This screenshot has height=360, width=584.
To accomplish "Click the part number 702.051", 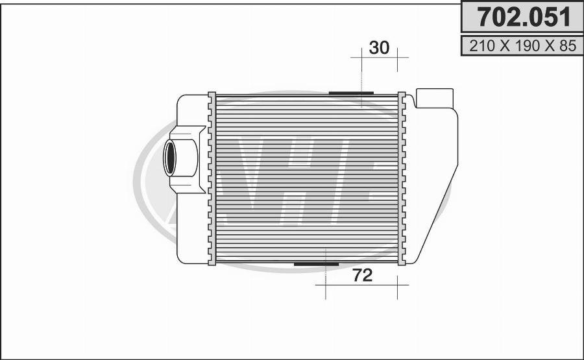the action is pyautogui.click(x=524, y=17).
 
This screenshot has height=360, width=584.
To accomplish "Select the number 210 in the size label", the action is pyautogui.click(x=482, y=46).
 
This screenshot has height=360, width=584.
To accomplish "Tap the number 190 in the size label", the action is pyautogui.click(x=528, y=46).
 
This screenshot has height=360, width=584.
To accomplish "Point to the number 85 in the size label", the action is pyautogui.click(x=568, y=46).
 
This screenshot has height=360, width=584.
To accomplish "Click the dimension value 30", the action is pyautogui.click(x=379, y=47).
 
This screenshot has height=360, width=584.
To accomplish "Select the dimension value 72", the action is pyautogui.click(x=362, y=275).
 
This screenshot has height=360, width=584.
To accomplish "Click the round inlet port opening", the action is pyautogui.click(x=169, y=158).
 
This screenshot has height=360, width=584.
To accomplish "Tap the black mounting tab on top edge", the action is pyautogui.click(x=351, y=93).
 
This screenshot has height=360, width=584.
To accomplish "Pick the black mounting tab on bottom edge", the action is pyautogui.click(x=317, y=264).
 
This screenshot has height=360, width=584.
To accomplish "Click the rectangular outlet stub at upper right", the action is pyautogui.click(x=435, y=99).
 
